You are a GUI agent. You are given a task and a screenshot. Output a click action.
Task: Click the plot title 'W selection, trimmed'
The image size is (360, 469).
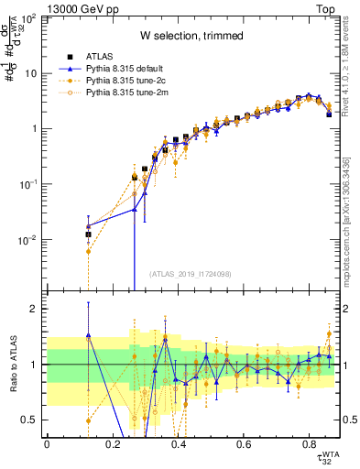(191, 36)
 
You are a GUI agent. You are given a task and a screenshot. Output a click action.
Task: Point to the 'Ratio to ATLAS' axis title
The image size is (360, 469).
(13, 364)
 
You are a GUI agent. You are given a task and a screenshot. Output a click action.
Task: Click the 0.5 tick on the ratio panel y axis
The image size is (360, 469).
(28, 420)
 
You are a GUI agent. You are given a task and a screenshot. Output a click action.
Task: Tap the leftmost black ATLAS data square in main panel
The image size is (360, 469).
(88, 234)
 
